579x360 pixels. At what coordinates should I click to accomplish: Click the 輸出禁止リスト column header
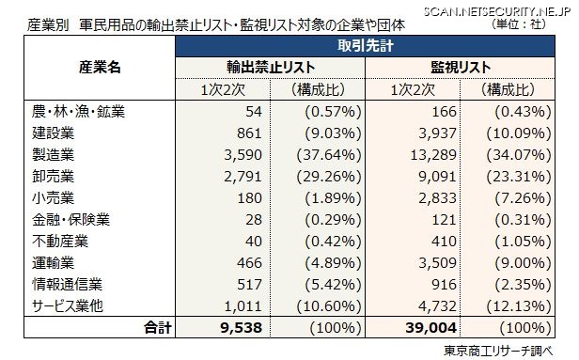pyautogui.click(x=270, y=68)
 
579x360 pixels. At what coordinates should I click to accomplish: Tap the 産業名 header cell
pyautogui.click(x=100, y=68)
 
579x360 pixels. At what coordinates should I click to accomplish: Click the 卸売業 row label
pyautogui.click(x=51, y=174)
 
